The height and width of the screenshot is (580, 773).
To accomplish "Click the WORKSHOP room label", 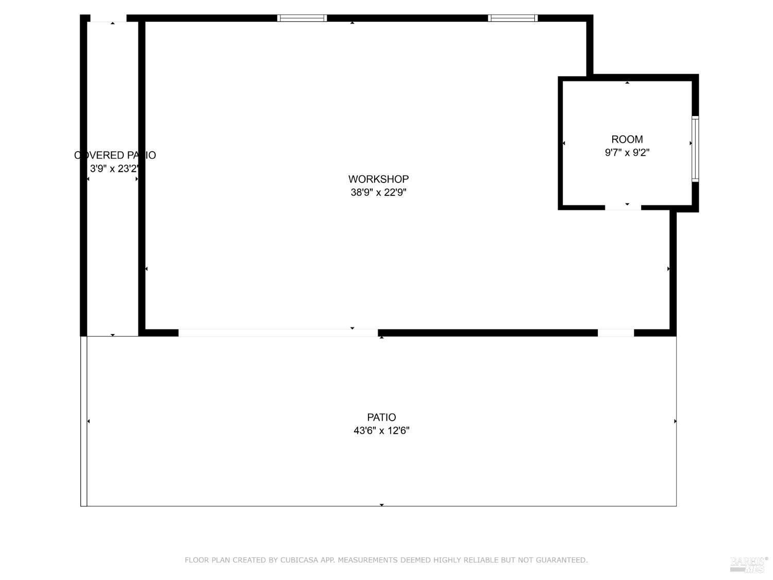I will [x=378, y=179].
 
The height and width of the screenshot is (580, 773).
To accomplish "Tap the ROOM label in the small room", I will [x=627, y=139].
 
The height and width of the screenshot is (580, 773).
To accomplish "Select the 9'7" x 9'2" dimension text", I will [x=627, y=153].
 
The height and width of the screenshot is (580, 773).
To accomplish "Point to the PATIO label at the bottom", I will [x=381, y=417].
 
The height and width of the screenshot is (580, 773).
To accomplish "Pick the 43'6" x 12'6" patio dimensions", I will [x=381, y=430].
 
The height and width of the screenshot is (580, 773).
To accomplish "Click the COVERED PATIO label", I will [x=115, y=155].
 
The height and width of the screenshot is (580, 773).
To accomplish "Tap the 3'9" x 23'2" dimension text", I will [x=114, y=169].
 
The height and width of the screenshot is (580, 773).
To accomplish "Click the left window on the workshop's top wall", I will [x=302, y=18].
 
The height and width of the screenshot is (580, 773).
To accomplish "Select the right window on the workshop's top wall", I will [x=513, y=18].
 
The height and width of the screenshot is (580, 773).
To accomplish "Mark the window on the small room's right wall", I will [x=695, y=149].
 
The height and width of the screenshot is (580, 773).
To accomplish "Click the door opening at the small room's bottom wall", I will [x=623, y=207].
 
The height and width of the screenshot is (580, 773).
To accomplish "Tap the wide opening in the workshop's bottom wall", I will [x=278, y=333].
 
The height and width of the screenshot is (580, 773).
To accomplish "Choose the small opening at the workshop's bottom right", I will [x=615, y=333].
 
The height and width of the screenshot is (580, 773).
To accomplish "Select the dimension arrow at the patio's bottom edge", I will [x=381, y=505].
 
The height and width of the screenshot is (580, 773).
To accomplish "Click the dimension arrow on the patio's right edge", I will [x=675, y=421].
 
